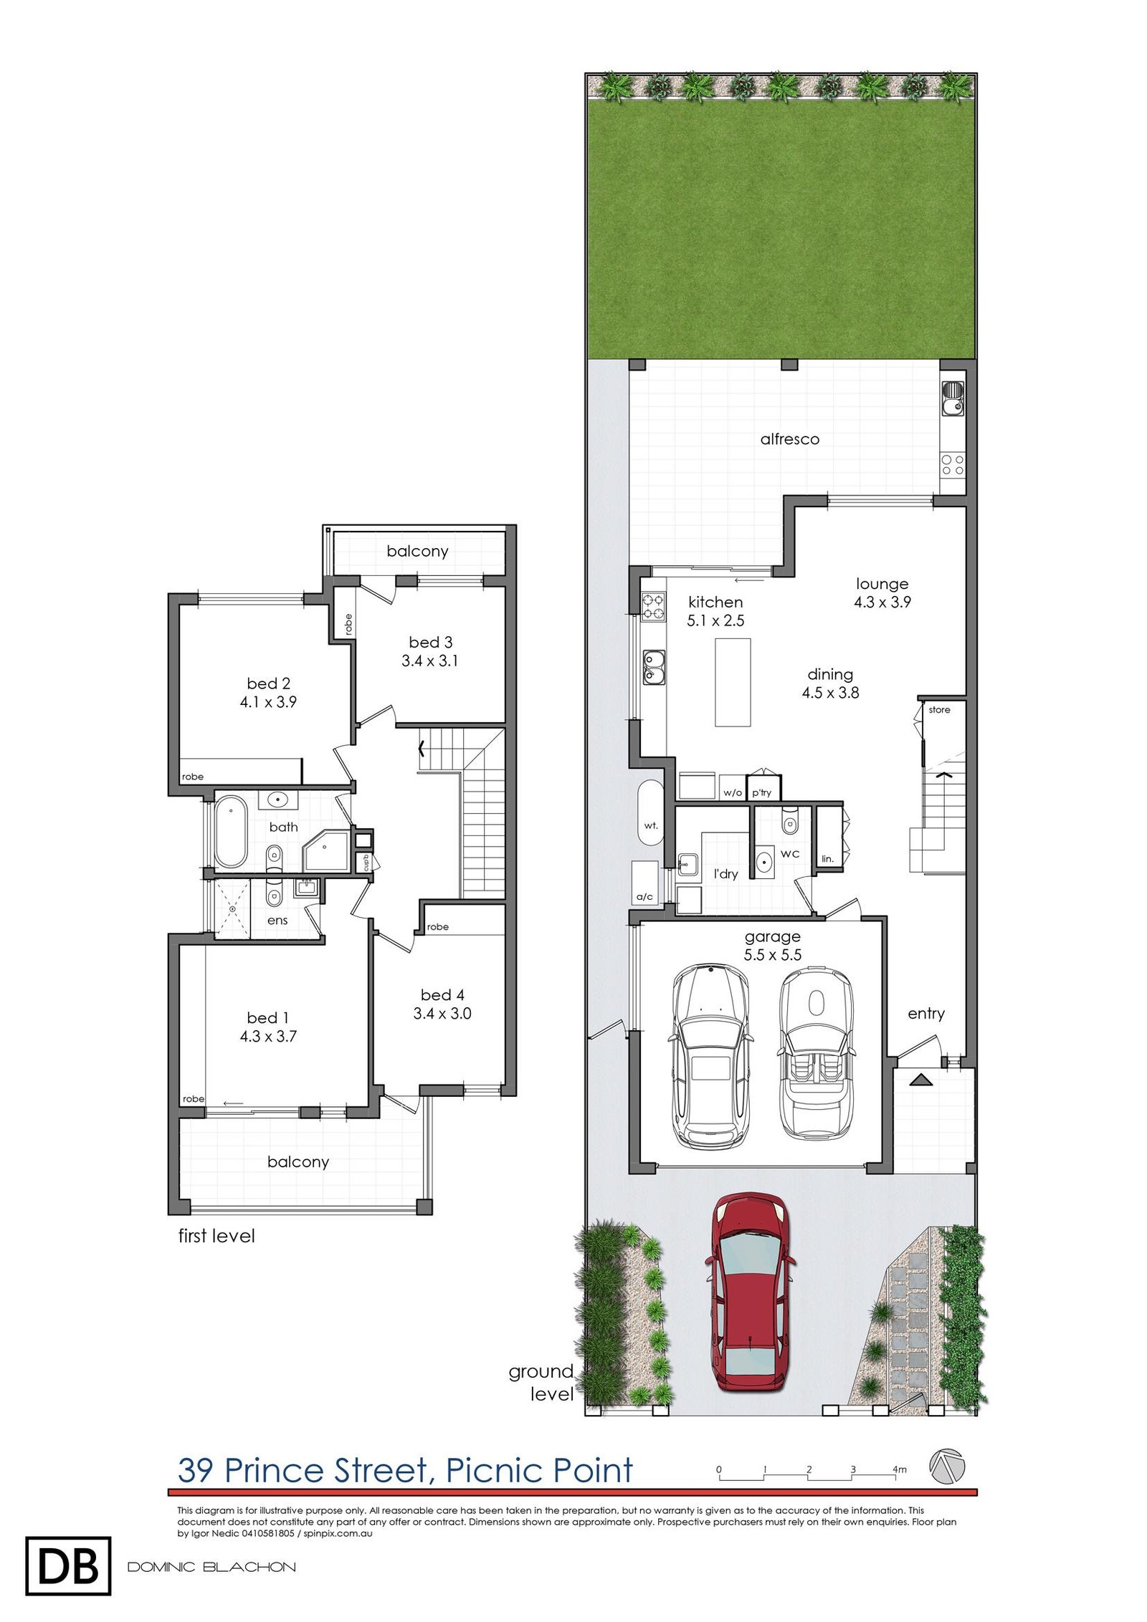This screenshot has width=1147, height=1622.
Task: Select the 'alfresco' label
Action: [789, 439]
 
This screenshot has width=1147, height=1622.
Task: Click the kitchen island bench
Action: [733, 682]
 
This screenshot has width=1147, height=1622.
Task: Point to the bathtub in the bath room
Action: [231, 831]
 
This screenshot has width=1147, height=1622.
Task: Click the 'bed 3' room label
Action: [430, 642]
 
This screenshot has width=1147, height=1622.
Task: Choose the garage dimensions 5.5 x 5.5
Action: [772, 954]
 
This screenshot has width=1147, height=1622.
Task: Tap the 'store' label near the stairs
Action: [939, 710]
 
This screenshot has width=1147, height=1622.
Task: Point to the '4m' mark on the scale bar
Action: [899, 1469]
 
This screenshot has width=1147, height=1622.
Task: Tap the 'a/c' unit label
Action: [644, 896]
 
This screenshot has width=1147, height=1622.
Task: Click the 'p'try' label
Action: [761, 792]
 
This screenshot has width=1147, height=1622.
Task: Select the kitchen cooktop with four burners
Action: [652, 605]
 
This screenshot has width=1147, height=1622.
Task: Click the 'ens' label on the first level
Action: [277, 920]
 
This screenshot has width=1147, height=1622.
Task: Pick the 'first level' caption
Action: [216, 1236]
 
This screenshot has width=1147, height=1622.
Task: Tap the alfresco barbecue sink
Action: [952, 398]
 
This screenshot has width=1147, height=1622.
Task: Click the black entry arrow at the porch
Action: [921, 1080]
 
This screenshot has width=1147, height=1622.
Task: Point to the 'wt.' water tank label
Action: [650, 825]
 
